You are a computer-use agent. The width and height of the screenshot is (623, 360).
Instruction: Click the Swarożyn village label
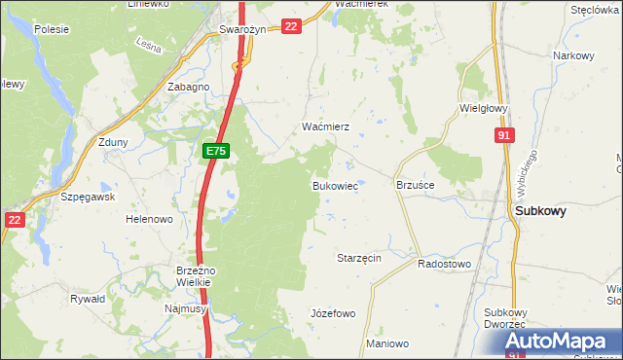click(x=242, y=29)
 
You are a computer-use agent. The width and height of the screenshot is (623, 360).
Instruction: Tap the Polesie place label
click(x=51, y=29)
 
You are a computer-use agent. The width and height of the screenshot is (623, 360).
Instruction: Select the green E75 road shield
click(x=216, y=151)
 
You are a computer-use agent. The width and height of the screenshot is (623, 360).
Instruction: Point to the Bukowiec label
click(x=335, y=185)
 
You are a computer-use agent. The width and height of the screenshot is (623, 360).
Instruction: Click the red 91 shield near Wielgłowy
click(x=503, y=137)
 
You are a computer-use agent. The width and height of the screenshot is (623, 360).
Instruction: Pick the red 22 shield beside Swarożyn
click(x=291, y=26)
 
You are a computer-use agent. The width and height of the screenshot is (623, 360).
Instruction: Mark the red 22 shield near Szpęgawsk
click(x=14, y=220)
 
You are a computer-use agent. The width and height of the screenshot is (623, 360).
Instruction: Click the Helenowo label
click(x=149, y=219)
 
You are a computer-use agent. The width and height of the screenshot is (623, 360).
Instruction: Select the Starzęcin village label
click(x=358, y=258)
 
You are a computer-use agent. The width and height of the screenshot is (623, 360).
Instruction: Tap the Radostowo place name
click(x=444, y=264)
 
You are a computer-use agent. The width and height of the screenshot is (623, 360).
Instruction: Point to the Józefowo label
click(x=332, y=313)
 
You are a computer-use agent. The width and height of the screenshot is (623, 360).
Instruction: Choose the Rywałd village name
click(x=88, y=299)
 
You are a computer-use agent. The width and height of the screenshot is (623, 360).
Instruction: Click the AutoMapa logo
click(x=563, y=342)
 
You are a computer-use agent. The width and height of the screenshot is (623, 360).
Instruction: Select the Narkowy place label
click(x=573, y=55)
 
